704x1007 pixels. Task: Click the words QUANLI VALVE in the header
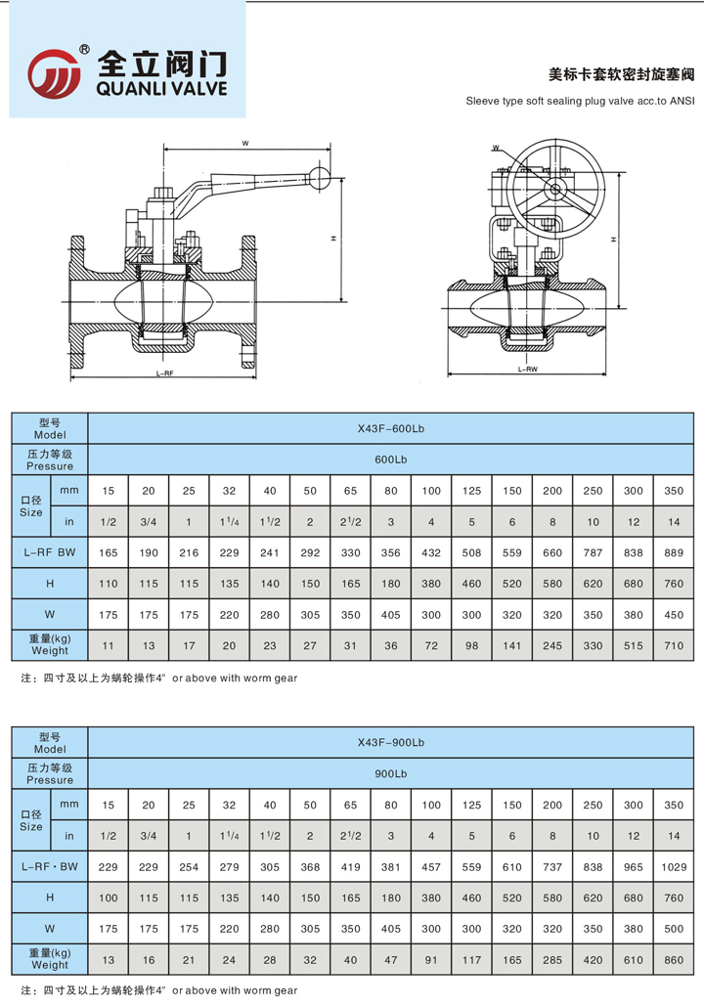tap(162, 89)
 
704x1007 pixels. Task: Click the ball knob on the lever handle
tap(319, 178)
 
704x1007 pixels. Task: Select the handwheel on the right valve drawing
tap(555, 190)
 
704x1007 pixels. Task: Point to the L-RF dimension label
tap(163, 373)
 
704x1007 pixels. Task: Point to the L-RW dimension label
tap(527, 370)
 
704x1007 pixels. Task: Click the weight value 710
tap(673, 647)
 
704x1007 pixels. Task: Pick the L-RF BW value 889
tap(673, 552)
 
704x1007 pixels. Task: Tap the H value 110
tap(109, 584)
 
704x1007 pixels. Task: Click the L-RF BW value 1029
tap(673, 867)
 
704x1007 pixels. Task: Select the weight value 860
tap(673, 962)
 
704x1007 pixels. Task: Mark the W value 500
tap(673, 931)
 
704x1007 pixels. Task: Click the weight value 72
tap(431, 647)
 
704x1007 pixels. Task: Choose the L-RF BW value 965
tap(633, 867)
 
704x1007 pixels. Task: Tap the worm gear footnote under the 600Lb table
tap(158, 678)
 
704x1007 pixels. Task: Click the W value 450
tap(673, 616)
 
